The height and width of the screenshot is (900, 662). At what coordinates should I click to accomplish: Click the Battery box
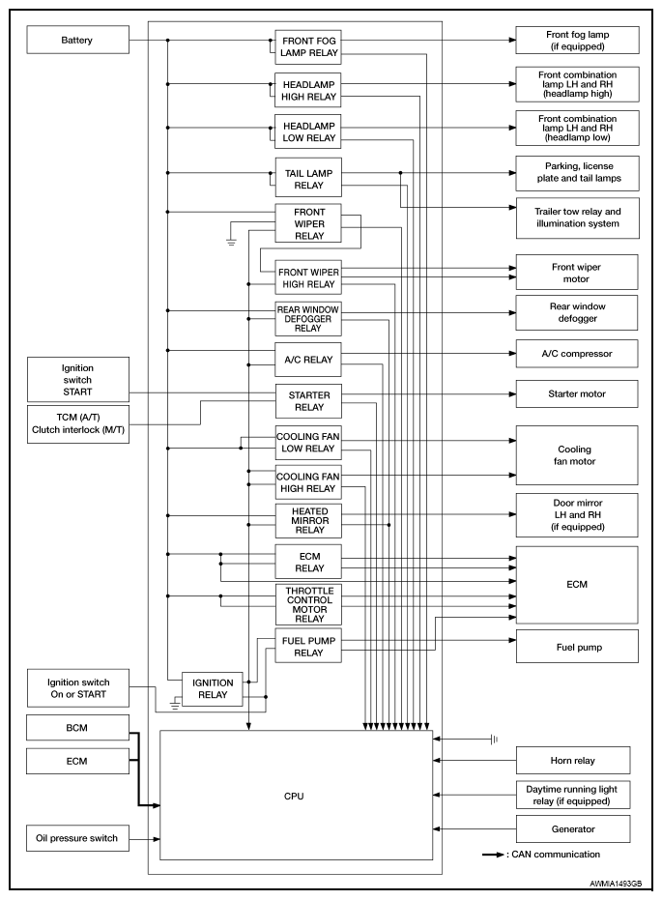tap(78, 41)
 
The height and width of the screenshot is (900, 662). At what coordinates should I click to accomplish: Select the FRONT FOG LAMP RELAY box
tap(308, 46)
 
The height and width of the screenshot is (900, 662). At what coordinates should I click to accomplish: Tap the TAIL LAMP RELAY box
tap(308, 179)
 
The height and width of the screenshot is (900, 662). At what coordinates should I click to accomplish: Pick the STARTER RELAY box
tap(308, 400)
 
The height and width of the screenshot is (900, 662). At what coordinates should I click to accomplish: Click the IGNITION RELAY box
tap(213, 688)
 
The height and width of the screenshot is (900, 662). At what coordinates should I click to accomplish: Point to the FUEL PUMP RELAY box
tap(308, 647)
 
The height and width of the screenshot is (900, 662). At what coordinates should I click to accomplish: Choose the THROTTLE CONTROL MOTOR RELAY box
tap(308, 604)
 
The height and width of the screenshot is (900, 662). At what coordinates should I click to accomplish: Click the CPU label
tap(294, 797)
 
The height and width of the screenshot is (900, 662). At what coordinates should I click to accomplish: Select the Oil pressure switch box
tap(78, 838)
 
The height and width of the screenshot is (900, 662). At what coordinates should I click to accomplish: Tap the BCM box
tap(78, 728)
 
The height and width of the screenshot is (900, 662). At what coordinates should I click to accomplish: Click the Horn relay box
tap(573, 760)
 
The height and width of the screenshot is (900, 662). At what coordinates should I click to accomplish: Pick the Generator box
tap(573, 828)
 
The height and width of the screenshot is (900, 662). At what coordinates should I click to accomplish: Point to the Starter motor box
tap(577, 393)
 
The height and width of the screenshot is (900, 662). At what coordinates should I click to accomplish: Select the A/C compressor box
tap(577, 354)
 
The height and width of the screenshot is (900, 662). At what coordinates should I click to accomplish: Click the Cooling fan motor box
tap(577, 455)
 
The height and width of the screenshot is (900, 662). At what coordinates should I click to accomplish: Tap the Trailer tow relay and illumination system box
tap(578, 218)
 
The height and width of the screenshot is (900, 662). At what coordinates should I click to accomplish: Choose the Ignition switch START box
tap(78, 379)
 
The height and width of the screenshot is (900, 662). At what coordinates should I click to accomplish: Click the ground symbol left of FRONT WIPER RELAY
tap(231, 241)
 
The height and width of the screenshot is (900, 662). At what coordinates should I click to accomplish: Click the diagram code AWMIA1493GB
tap(616, 884)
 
